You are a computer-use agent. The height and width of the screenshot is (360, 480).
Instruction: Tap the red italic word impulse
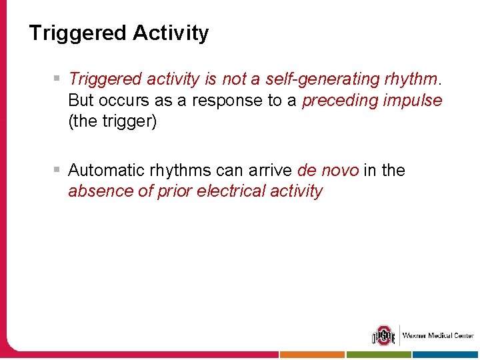(415, 101)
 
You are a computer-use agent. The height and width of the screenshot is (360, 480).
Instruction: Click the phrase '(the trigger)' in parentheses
(113, 122)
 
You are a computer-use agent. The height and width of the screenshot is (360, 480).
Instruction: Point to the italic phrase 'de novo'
(328, 171)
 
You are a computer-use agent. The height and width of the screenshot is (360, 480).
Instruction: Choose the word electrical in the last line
(227, 192)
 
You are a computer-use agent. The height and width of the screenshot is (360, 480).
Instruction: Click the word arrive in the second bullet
(271, 171)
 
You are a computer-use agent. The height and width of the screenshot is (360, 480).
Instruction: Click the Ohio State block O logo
(383, 335)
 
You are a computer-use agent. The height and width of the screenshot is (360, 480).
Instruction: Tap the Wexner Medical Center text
(437, 335)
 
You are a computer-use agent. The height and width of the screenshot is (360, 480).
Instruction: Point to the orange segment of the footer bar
(311, 355)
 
